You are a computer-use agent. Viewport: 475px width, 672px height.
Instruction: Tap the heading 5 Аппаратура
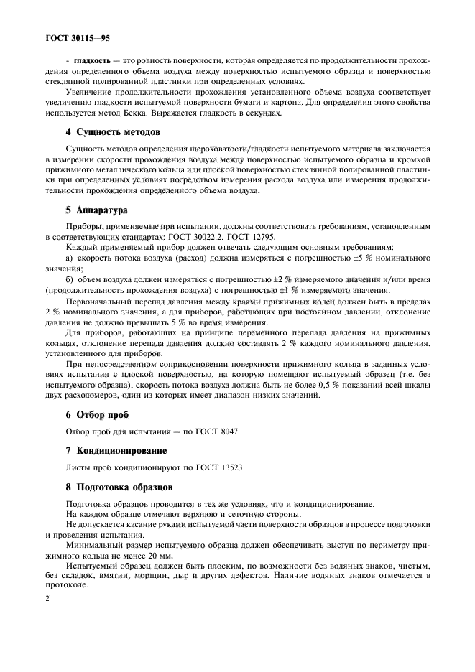click(x=96, y=212)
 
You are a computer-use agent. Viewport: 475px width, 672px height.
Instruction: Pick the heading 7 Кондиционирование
click(x=116, y=450)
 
